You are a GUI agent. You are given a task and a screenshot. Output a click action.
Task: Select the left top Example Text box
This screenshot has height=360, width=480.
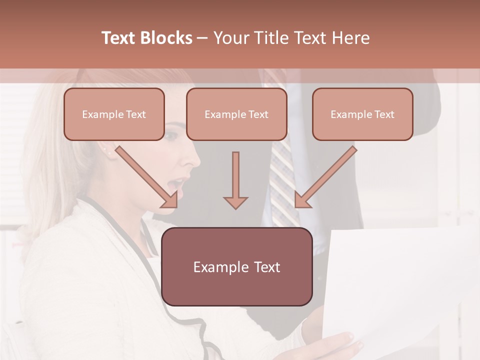click(x=114, y=114)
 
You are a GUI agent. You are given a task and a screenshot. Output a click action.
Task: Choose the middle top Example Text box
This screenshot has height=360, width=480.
click(x=236, y=114)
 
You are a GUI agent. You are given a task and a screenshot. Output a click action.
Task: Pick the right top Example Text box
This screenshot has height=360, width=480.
click(x=362, y=114)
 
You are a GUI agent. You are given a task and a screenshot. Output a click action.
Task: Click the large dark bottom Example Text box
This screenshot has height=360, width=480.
click(x=236, y=266)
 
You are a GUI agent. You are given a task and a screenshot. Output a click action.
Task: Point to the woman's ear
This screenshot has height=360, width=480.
click(x=106, y=147)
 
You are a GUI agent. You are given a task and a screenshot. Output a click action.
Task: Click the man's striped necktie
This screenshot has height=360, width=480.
click(x=282, y=185)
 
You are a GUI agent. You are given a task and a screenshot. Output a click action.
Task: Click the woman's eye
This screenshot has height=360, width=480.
click(x=171, y=135)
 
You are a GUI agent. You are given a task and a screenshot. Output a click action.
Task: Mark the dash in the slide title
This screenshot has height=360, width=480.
click(x=202, y=38)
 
